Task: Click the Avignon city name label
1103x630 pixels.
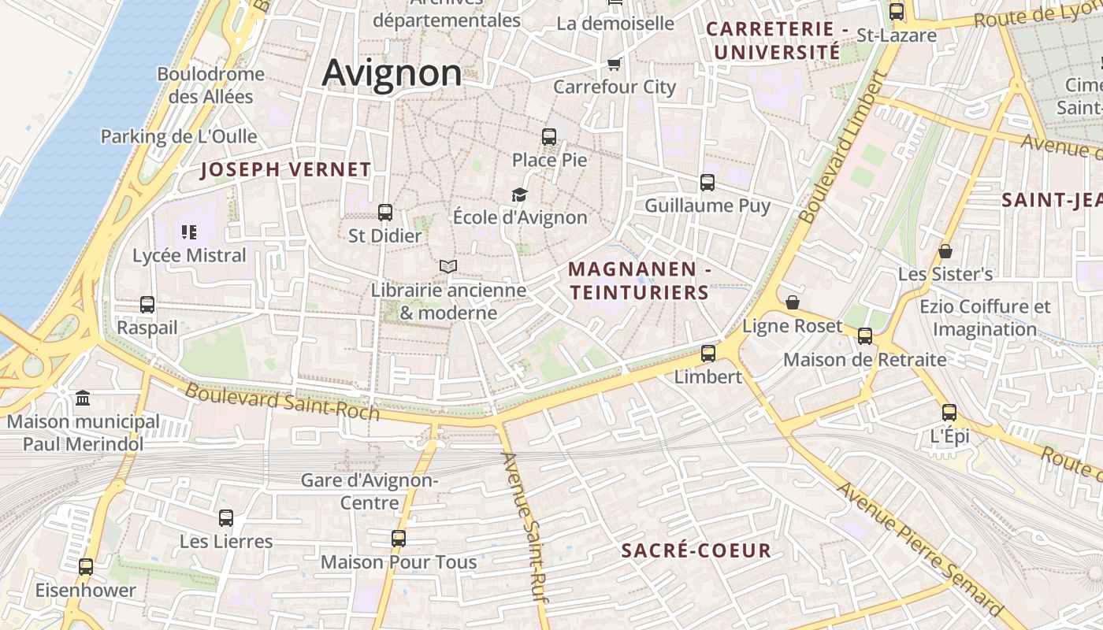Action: tap(392, 72)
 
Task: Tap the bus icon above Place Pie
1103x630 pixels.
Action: tap(549, 137)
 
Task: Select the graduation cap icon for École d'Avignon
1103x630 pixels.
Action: tap(519, 195)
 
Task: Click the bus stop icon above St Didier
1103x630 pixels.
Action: tap(385, 212)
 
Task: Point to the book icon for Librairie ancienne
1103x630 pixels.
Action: tap(448, 267)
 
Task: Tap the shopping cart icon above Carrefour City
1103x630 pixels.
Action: tap(614, 64)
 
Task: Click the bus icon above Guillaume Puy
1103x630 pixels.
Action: tap(707, 183)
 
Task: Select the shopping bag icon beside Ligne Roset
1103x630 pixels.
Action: tap(793, 303)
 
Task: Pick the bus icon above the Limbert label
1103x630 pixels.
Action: tap(708, 354)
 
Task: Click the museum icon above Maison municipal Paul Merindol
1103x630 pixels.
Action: tap(83, 398)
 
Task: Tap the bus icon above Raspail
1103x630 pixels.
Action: tap(147, 305)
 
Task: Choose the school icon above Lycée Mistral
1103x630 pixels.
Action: tap(189, 232)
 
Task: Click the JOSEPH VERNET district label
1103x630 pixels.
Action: tap(285, 169)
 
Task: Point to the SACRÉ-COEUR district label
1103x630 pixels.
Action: tap(696, 550)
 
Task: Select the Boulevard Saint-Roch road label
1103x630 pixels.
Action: tap(282, 402)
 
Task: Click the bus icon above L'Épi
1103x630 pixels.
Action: tap(949, 413)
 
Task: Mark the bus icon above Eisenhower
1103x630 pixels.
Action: tap(86, 567)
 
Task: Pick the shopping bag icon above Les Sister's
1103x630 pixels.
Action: tap(945, 251)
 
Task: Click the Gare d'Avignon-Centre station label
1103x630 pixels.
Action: tap(370, 491)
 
